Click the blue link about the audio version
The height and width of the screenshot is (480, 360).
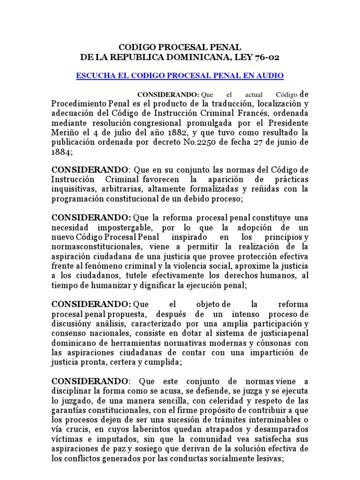tap(180, 75)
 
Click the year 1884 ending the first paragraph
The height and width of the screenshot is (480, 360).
tap(61, 152)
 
